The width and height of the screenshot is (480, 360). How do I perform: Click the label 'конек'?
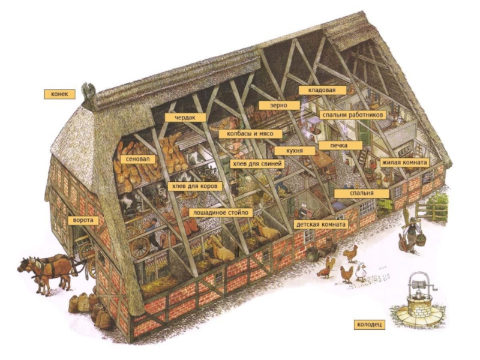[59, 94]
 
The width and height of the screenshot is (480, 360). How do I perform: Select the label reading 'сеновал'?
[138, 160]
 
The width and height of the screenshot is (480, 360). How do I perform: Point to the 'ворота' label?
[83, 221]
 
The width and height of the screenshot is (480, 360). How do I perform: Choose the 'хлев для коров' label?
[194, 186]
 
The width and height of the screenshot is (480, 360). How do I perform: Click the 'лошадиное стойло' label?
[220, 212]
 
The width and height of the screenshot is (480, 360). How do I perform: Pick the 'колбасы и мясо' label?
[246, 134]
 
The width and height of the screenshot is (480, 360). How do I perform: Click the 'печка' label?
[341, 145]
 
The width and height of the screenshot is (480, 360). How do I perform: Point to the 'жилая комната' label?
[404, 163]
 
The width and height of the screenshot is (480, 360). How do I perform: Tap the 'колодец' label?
[370, 325]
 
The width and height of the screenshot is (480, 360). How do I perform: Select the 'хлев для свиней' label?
[258, 163]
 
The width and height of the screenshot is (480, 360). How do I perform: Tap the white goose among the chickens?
[361, 274]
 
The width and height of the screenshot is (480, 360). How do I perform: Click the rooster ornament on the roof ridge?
[90, 91]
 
